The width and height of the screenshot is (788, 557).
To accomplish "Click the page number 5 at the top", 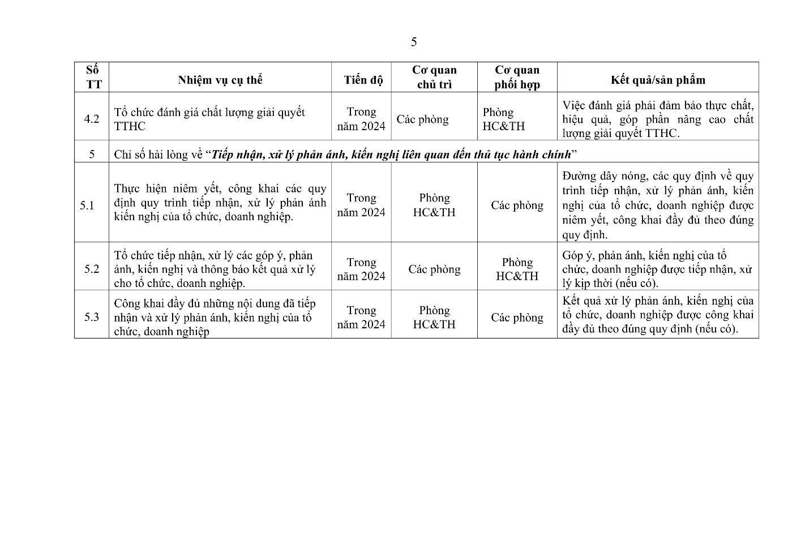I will click(x=414, y=42).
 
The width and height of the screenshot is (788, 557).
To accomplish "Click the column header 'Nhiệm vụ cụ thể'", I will click(x=220, y=80).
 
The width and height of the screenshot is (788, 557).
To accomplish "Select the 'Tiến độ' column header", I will click(x=363, y=80).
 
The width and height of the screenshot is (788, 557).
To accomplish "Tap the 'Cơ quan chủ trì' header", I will click(x=434, y=77).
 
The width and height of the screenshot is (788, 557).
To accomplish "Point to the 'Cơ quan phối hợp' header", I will click(x=517, y=77).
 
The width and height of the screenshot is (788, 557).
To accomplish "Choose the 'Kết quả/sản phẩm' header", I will click(x=658, y=80).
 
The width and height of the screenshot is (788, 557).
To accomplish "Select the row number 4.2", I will click(x=92, y=119).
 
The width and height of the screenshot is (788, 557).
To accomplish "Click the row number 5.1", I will click(x=87, y=205).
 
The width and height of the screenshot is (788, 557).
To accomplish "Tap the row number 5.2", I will click(x=92, y=269).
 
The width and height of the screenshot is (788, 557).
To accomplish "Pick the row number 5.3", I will click(x=92, y=317).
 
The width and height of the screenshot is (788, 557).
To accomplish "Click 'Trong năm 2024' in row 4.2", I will click(x=361, y=119).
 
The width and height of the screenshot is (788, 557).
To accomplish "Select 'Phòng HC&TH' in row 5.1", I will click(x=434, y=205).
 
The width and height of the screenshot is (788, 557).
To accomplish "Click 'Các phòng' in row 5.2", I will click(x=434, y=269).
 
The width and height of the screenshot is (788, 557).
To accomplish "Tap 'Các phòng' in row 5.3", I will click(x=517, y=318).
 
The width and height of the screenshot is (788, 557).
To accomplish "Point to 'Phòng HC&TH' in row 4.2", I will click(x=503, y=119).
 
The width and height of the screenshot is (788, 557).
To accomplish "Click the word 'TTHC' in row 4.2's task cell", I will click(x=130, y=126).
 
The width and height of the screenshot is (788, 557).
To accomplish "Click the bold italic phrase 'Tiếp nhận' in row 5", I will click(x=236, y=155).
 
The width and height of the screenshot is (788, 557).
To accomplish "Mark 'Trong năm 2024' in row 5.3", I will click(x=361, y=317).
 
